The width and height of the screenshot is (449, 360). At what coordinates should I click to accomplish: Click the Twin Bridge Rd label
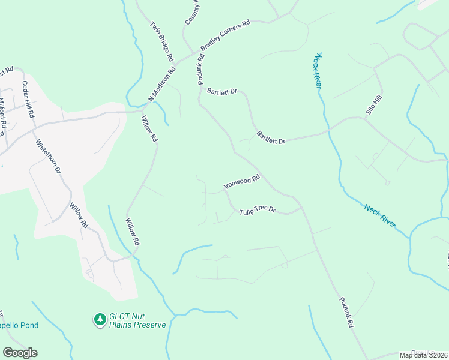coord(162,43)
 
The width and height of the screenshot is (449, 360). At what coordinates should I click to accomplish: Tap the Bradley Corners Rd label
coord(225,37)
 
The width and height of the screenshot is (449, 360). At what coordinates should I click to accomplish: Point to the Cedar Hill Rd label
coord(28,99)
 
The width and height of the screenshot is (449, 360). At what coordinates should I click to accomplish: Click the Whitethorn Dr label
coord(48,157)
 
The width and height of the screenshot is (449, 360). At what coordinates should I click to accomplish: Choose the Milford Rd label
coord(2,113)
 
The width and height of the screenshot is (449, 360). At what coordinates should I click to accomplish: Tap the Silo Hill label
coord(374,105)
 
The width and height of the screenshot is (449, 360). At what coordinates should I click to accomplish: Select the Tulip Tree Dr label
coord(257,211)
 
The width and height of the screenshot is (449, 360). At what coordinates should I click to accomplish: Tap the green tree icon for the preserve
coord(99,320)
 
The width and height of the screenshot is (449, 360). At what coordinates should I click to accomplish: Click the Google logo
coord(20,353)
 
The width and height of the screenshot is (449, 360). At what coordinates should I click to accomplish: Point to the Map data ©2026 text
coord(423,355)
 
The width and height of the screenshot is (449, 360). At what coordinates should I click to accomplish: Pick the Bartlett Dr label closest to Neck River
coord(271,137)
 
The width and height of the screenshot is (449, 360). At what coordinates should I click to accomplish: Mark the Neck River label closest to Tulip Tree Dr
coord(380,215)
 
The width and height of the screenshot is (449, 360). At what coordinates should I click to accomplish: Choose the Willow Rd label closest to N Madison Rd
coord(149,128)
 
